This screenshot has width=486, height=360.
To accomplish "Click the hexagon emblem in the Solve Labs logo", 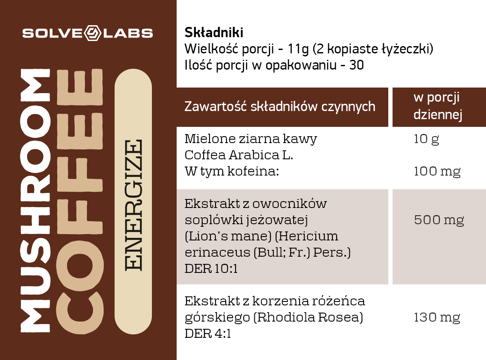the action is click(92, 33).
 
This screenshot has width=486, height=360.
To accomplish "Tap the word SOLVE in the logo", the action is click(52, 33).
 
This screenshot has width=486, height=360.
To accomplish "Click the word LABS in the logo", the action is click(128, 33).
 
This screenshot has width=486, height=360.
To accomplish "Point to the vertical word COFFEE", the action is click(80, 201).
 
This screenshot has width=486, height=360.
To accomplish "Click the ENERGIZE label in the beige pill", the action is click(134, 205).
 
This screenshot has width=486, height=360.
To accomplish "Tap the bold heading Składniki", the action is click(214, 32).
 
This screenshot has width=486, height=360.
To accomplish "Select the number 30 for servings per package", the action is click(356, 65).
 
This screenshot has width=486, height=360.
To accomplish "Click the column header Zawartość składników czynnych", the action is click(280, 106).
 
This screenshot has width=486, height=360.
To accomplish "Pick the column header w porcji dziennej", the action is click(438, 106).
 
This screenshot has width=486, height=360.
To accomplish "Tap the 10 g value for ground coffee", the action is click(427, 139).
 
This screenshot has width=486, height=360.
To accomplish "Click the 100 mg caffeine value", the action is click(437, 171).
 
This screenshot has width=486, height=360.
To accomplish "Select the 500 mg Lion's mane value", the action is click(439, 220).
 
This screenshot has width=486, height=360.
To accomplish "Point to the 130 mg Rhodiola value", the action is click(437, 317).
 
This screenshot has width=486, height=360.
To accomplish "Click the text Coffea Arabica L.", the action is click(239, 155).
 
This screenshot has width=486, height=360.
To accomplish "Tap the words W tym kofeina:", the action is click(232, 171).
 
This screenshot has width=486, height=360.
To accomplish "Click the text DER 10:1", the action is click(211, 269).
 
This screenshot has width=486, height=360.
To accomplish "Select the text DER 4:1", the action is click(208, 334).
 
